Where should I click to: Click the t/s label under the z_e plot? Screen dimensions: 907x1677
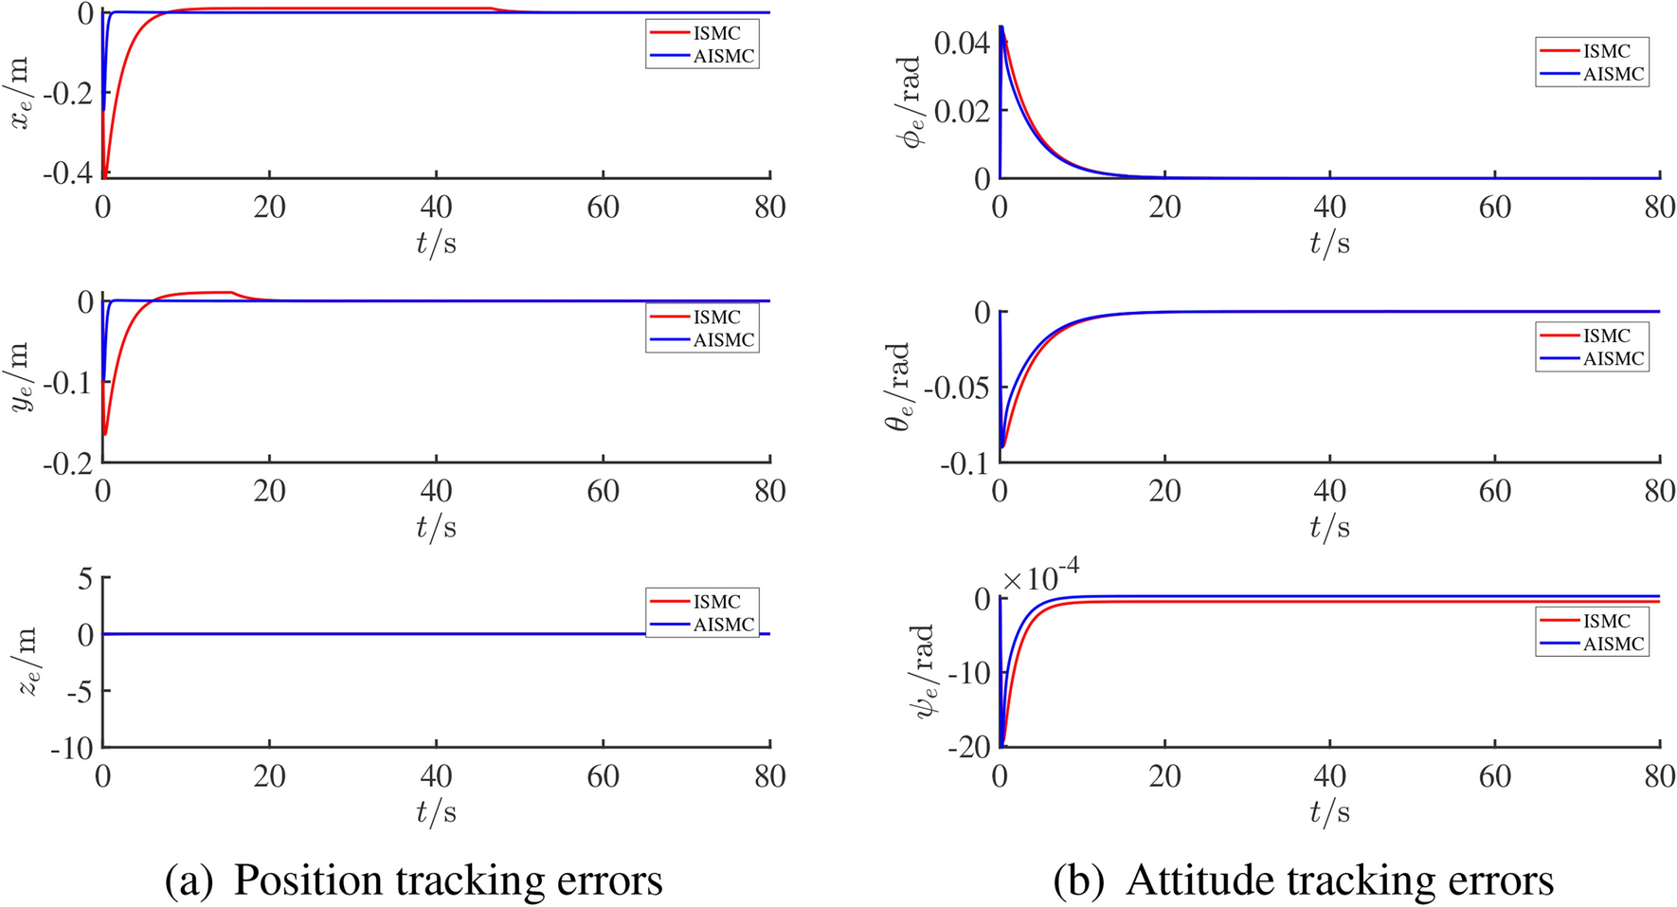point(436,812)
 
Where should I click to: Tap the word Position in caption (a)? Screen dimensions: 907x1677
point(306,880)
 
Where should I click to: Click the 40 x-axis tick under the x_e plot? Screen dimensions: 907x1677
point(436,207)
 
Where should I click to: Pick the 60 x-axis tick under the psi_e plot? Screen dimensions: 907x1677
point(1495,777)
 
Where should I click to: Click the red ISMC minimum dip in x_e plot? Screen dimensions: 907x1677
point(105,173)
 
